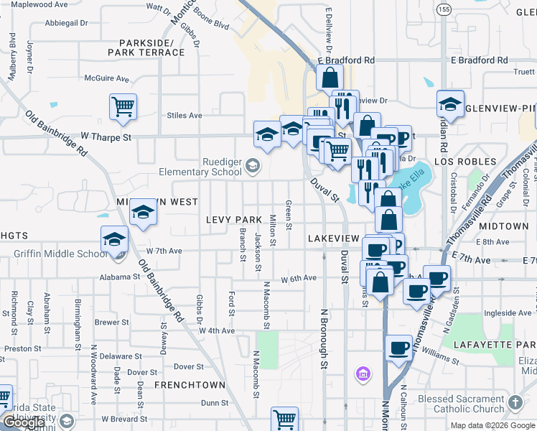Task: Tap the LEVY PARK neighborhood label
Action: coord(234,219)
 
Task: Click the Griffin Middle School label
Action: coord(61,254)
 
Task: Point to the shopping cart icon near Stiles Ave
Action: coord(123,107)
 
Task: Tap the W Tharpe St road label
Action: coord(106,135)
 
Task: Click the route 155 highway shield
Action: coord(444,9)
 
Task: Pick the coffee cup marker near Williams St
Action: coord(399,348)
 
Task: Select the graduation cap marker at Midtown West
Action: coord(143,212)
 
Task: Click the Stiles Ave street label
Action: coord(185,115)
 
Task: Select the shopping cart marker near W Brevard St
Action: coord(284,419)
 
